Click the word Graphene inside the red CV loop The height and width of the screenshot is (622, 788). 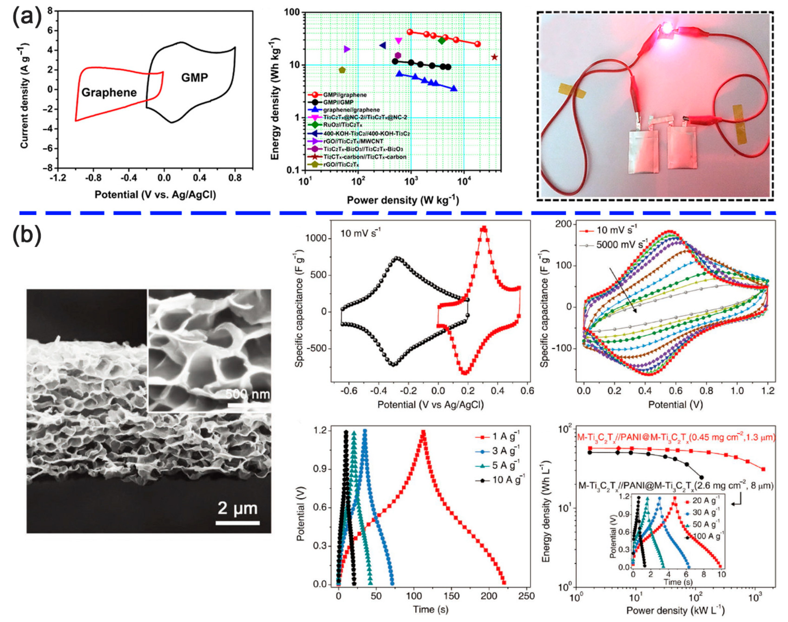(109, 92)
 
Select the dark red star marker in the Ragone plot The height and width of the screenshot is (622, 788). (494, 57)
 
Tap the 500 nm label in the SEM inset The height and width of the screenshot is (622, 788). (248, 394)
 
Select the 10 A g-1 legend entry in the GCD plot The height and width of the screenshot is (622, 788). (508, 480)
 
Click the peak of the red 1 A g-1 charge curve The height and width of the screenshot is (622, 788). (423, 432)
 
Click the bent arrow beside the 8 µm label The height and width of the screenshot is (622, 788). (736, 503)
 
